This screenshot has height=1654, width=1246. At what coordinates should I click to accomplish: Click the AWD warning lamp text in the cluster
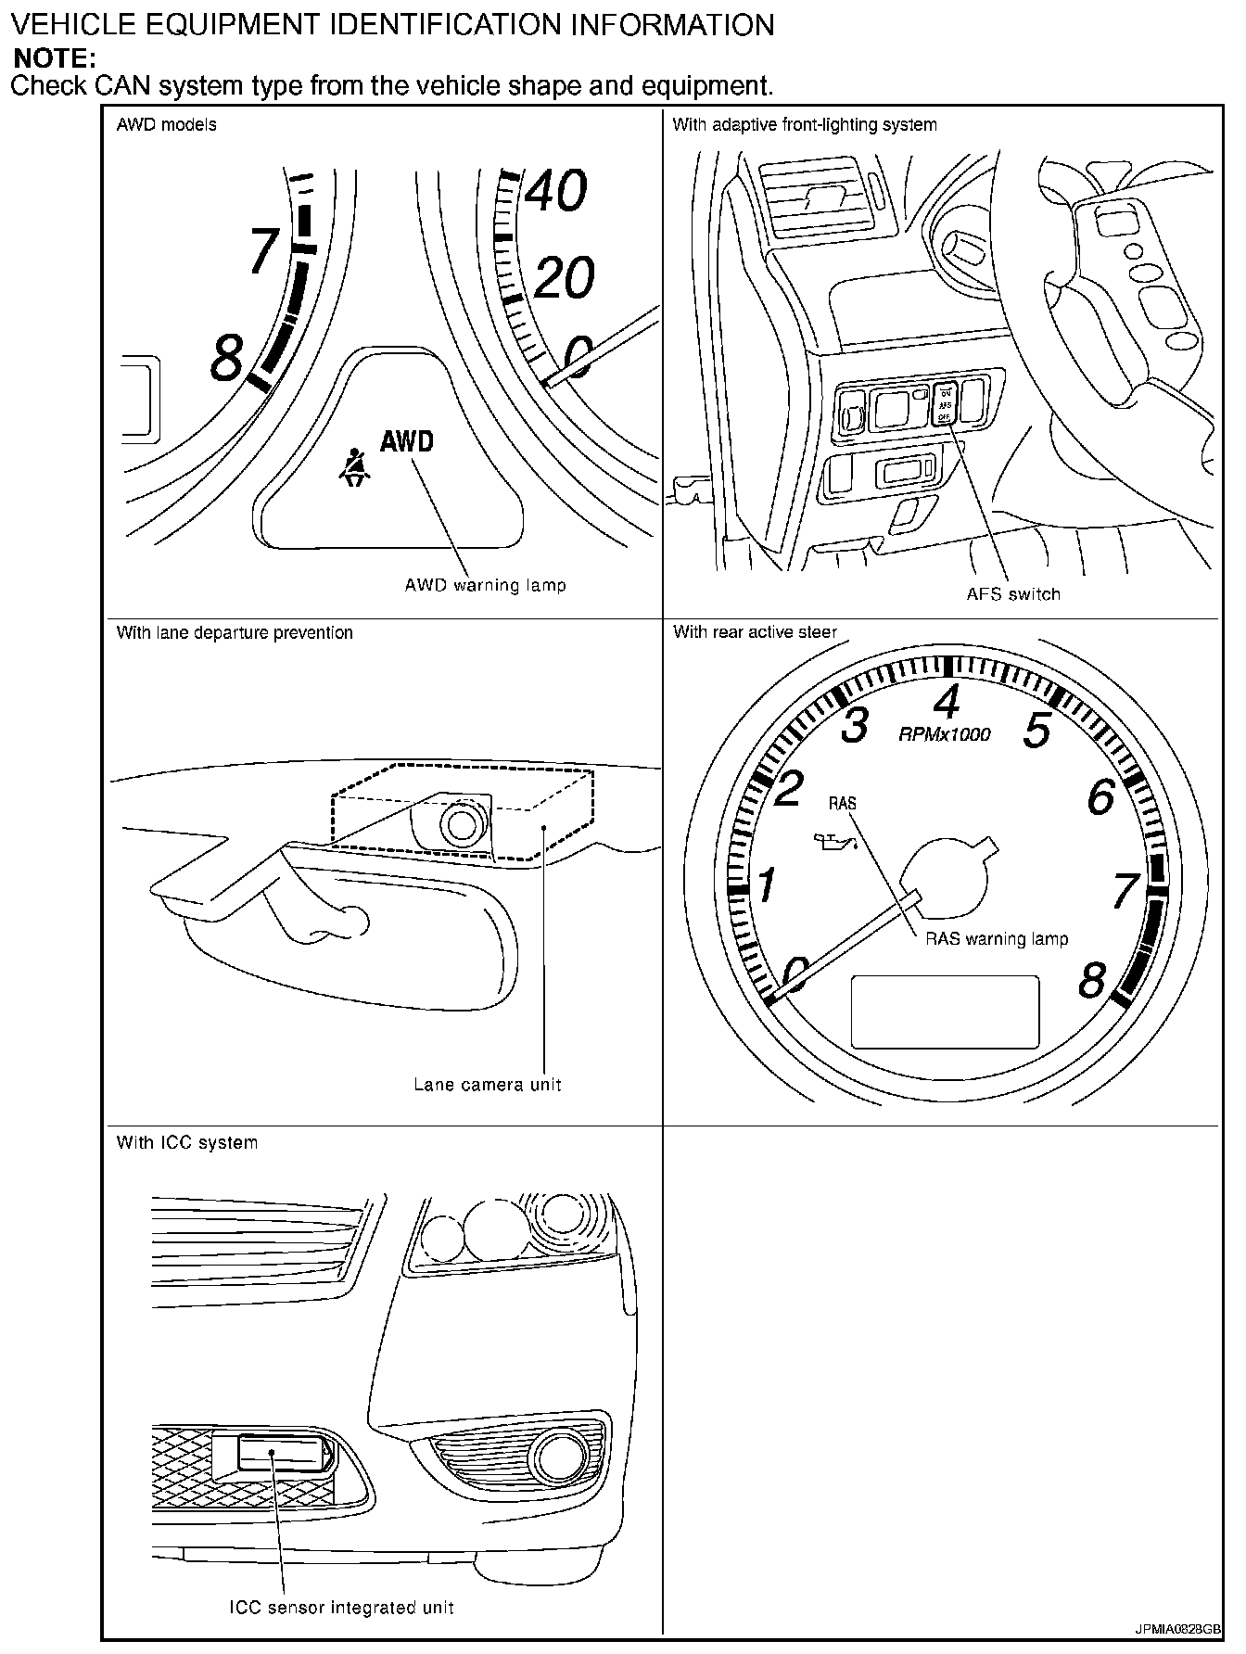click(x=407, y=440)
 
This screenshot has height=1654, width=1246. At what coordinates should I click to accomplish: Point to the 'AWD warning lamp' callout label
click(x=485, y=585)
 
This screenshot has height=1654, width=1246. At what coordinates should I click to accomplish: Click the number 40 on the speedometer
click(x=556, y=190)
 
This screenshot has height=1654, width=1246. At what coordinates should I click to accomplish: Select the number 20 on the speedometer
click(x=564, y=277)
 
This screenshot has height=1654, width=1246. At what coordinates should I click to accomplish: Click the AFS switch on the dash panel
click(x=944, y=405)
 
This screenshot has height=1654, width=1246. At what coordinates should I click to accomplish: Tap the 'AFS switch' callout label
click(x=1013, y=593)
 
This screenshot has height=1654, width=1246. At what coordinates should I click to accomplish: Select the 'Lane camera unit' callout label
click(x=488, y=1084)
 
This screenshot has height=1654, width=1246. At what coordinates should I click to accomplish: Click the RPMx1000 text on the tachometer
click(x=945, y=734)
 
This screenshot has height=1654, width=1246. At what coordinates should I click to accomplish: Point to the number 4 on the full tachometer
click(x=946, y=702)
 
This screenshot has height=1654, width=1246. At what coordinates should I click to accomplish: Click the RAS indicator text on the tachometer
click(x=843, y=803)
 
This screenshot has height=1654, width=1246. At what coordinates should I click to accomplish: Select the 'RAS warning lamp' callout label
click(x=997, y=938)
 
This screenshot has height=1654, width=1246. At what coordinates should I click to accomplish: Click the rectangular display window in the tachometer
click(x=945, y=1011)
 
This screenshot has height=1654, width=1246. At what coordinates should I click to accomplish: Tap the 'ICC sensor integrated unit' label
click(x=342, y=1607)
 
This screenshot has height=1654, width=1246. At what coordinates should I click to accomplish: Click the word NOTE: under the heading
click(x=55, y=58)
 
